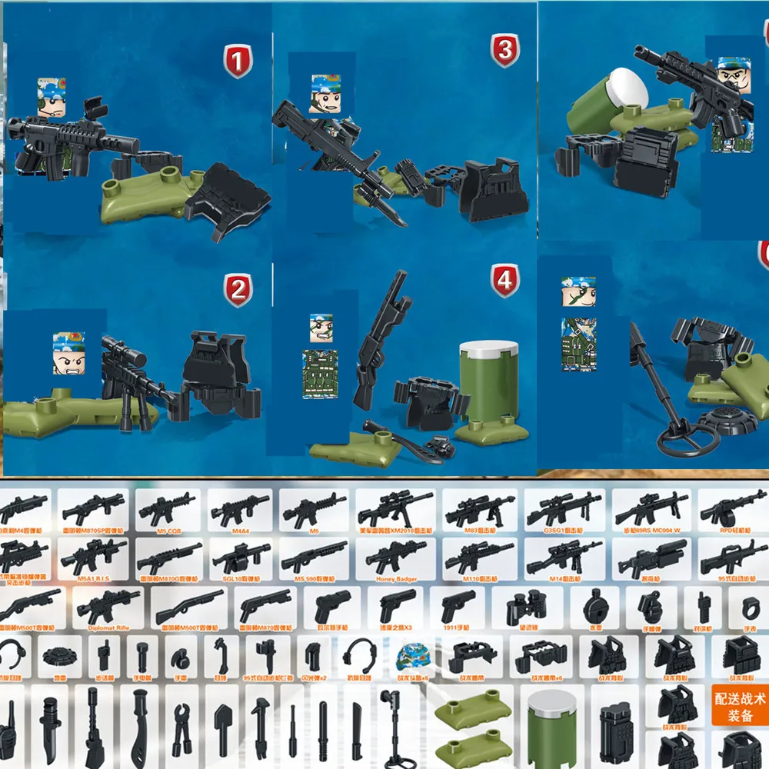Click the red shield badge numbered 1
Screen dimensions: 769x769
[x=238, y=61]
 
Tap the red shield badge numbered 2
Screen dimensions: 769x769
[x=238, y=291]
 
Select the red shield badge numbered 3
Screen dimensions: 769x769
[x=504, y=51]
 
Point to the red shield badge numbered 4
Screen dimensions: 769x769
[x=504, y=280]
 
